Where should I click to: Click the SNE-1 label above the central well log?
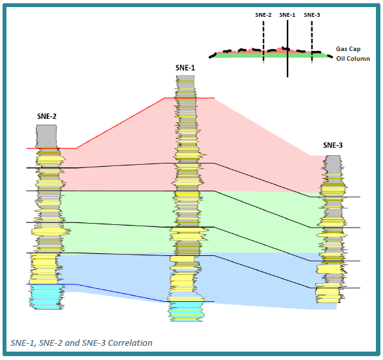pyautogui.click(x=185, y=68)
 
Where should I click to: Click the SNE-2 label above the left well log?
pyautogui.click(x=47, y=116)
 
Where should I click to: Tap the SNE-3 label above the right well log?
pyautogui.click(x=333, y=145)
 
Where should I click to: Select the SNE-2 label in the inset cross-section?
pyautogui.click(x=264, y=15)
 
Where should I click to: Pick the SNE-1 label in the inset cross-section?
pyautogui.click(x=287, y=15)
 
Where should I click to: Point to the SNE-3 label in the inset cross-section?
pyautogui.click(x=312, y=15)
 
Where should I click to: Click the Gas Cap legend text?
pyautogui.click(x=348, y=49)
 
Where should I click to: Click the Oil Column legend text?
pyautogui.click(x=353, y=59)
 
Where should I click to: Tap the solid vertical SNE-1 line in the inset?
pyautogui.click(x=287, y=48)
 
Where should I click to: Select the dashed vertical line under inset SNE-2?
pyautogui.click(x=264, y=41)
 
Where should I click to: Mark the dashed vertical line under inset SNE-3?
pyautogui.click(x=312, y=41)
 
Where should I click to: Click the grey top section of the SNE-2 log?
pyautogui.click(x=47, y=136)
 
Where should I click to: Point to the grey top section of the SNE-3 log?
pyautogui.click(x=332, y=165)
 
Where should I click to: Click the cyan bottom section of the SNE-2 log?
pyautogui.click(x=47, y=297)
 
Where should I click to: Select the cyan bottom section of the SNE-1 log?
pyautogui.click(x=186, y=312)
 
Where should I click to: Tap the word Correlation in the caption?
pyautogui.click(x=130, y=343)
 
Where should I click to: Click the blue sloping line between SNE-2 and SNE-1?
pyautogui.click(x=120, y=293)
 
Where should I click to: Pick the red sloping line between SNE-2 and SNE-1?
pyautogui.click(x=119, y=123)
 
